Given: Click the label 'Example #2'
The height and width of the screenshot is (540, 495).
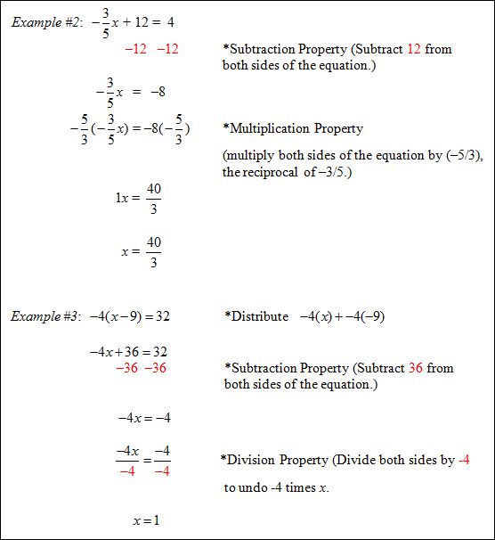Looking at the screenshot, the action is pyautogui.click(x=43, y=22).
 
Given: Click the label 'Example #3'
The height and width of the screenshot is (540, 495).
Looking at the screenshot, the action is pyautogui.click(x=43, y=316).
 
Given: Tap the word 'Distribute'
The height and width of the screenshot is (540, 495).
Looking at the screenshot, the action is pyautogui.click(x=260, y=316).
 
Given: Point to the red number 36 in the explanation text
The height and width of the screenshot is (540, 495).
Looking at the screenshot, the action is pyautogui.click(x=416, y=368).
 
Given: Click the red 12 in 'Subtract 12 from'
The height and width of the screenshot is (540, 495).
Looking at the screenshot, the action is pyautogui.click(x=414, y=48).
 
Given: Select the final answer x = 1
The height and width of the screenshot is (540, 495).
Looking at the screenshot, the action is pyautogui.click(x=145, y=520).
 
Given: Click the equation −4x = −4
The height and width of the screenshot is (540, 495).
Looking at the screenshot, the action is pyautogui.click(x=143, y=417).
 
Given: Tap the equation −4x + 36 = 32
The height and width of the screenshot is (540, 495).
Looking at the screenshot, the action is pyautogui.click(x=128, y=352).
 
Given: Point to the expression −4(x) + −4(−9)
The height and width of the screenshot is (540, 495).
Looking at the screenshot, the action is pyautogui.click(x=341, y=316).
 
